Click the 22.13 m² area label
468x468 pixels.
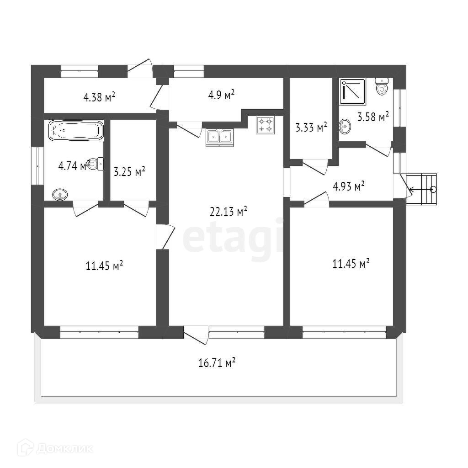(229, 212)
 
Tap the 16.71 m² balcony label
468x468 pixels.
(217, 363)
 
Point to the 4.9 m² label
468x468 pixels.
(221, 95)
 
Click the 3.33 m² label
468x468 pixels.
(311, 128)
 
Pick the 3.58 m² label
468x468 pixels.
(373, 117)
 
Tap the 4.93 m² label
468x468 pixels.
(349, 186)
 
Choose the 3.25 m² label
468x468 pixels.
(129, 172)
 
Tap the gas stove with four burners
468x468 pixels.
(266, 125)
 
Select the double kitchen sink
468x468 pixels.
(220, 138)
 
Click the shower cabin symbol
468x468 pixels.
(352, 90)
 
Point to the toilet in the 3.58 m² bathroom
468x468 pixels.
(382, 86)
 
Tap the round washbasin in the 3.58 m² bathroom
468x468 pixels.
(345, 127)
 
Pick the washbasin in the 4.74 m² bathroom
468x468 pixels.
(60, 195)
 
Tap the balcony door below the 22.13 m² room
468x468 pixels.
(196, 334)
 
